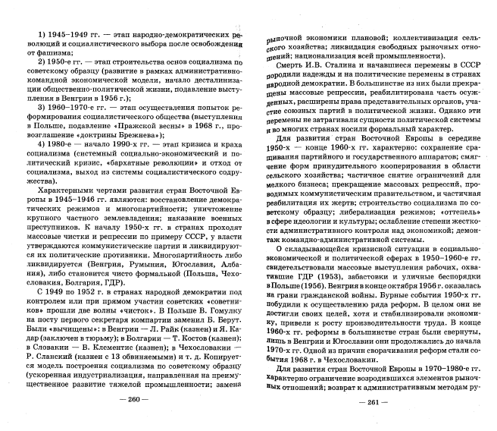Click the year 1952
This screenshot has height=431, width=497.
(x=84, y=270)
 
